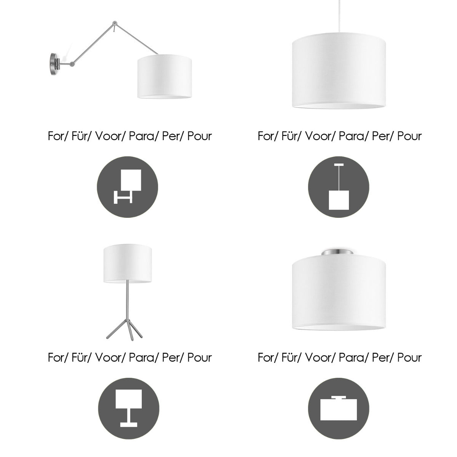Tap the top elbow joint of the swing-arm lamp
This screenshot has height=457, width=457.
click(x=115, y=23)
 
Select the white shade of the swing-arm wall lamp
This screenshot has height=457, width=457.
click(x=165, y=77)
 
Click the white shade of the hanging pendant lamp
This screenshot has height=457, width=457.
click(x=339, y=71)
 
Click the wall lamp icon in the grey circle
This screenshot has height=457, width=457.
click(x=128, y=187)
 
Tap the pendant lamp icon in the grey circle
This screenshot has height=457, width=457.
click(x=339, y=187)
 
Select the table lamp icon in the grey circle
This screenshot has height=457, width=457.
click(x=129, y=408)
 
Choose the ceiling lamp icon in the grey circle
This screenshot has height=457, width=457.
click(x=339, y=408)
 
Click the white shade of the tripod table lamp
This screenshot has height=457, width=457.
click(x=128, y=263)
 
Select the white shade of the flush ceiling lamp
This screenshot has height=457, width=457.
click(x=339, y=292)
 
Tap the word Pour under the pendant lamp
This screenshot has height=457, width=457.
click(x=409, y=136)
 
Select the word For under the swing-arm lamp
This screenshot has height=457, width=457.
click(x=58, y=136)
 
